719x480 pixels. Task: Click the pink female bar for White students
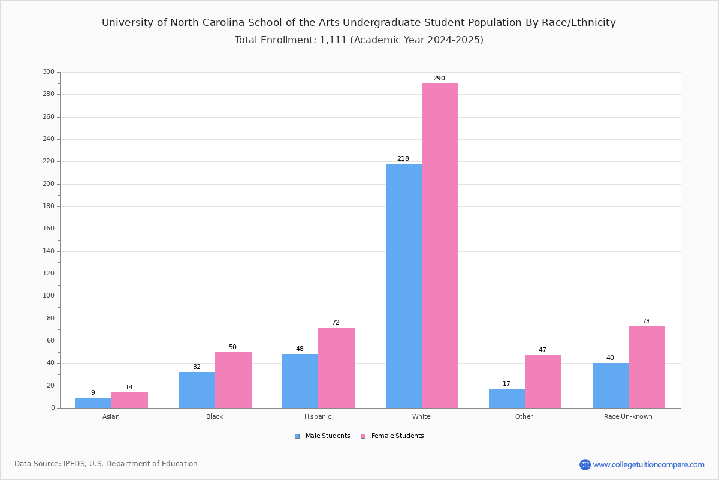440,245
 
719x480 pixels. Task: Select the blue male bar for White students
404,286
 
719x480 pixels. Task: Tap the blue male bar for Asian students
93,403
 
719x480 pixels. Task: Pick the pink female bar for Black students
233,380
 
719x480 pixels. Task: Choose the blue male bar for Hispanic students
300,381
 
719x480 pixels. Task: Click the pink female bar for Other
543,382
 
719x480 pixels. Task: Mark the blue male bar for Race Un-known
611,385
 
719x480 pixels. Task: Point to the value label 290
439,78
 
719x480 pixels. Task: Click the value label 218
403,158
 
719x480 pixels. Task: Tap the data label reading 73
646,321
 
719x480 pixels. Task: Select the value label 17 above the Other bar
506,383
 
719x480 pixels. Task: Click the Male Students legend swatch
297,436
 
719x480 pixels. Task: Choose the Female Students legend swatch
363,436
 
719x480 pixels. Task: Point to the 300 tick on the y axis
49,71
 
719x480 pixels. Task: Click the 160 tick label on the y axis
49,229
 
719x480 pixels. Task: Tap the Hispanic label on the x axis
318,416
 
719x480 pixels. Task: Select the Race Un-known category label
628,416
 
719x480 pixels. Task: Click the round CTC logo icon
585,464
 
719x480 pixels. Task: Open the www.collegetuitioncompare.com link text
648,464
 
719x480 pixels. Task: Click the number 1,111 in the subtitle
333,40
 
